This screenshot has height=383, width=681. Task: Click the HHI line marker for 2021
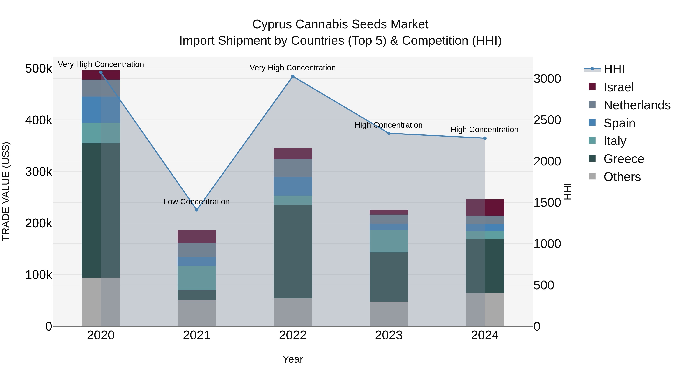[197, 210]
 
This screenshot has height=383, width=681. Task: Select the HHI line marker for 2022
[293, 76]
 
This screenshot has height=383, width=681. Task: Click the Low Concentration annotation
[196, 202]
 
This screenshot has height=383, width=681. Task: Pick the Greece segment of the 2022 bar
[293, 251]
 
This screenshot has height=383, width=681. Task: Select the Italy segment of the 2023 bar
[389, 241]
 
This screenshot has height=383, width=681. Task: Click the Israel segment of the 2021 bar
[197, 236]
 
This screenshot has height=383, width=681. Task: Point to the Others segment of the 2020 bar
[100, 302]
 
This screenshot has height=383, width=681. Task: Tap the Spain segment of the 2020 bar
[100, 110]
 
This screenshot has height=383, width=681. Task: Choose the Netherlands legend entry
[637, 105]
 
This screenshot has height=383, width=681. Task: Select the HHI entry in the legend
[614, 69]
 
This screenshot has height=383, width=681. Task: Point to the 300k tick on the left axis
[39, 172]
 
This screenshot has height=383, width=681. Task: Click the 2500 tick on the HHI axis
[547, 120]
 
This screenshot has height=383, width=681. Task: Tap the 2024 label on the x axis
[485, 335]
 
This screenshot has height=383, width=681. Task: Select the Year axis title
[293, 359]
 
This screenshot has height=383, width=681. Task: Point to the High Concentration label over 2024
[484, 130]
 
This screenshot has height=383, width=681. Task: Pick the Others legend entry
[622, 177]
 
